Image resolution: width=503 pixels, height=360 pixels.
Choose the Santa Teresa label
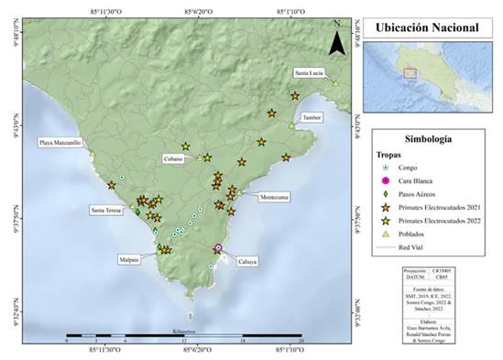108,211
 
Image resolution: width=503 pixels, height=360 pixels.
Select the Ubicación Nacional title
427,27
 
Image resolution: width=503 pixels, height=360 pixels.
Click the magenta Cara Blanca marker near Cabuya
218,248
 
